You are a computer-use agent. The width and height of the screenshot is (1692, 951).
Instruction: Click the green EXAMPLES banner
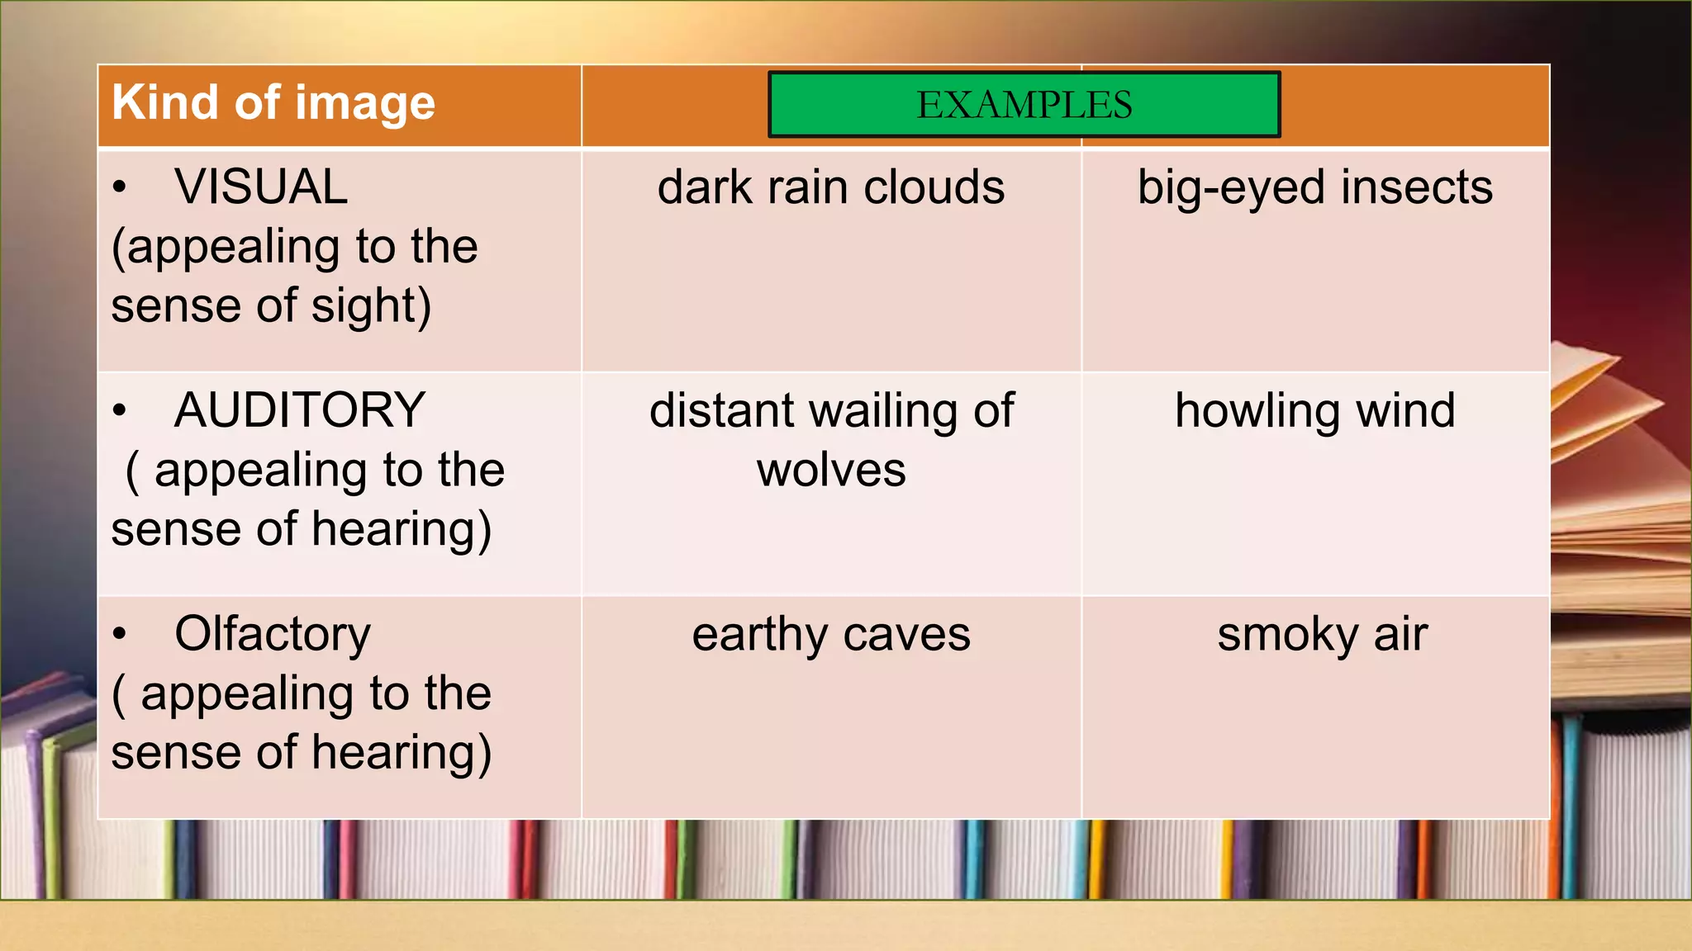pyautogui.click(x=1024, y=105)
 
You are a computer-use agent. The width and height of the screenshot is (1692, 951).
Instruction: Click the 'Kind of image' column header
pyautogui.click(x=273, y=103)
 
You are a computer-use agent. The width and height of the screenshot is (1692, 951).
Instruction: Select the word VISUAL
pyautogui.click(x=261, y=187)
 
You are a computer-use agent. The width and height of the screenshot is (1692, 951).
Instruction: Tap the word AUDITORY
pyautogui.click(x=300, y=410)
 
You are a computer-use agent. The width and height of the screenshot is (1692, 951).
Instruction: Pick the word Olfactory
pyautogui.click(x=273, y=634)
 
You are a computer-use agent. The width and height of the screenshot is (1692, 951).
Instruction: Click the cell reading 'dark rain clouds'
pyautogui.click(x=831, y=187)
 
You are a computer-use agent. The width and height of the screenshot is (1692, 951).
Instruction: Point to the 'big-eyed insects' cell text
pyautogui.click(x=1315, y=187)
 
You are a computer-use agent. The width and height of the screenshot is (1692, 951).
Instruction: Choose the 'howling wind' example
pyautogui.click(x=1315, y=411)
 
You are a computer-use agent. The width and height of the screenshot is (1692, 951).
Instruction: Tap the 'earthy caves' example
pyautogui.click(x=831, y=635)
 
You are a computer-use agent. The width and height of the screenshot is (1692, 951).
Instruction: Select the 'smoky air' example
pyautogui.click(x=1322, y=635)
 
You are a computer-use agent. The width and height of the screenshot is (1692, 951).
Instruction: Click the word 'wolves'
pyautogui.click(x=831, y=471)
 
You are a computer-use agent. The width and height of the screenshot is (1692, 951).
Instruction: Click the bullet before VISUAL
pyautogui.click(x=121, y=187)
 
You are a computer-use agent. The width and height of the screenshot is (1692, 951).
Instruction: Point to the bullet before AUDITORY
pyautogui.click(x=121, y=410)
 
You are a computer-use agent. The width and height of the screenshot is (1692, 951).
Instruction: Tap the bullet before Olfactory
pyautogui.click(x=121, y=634)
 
